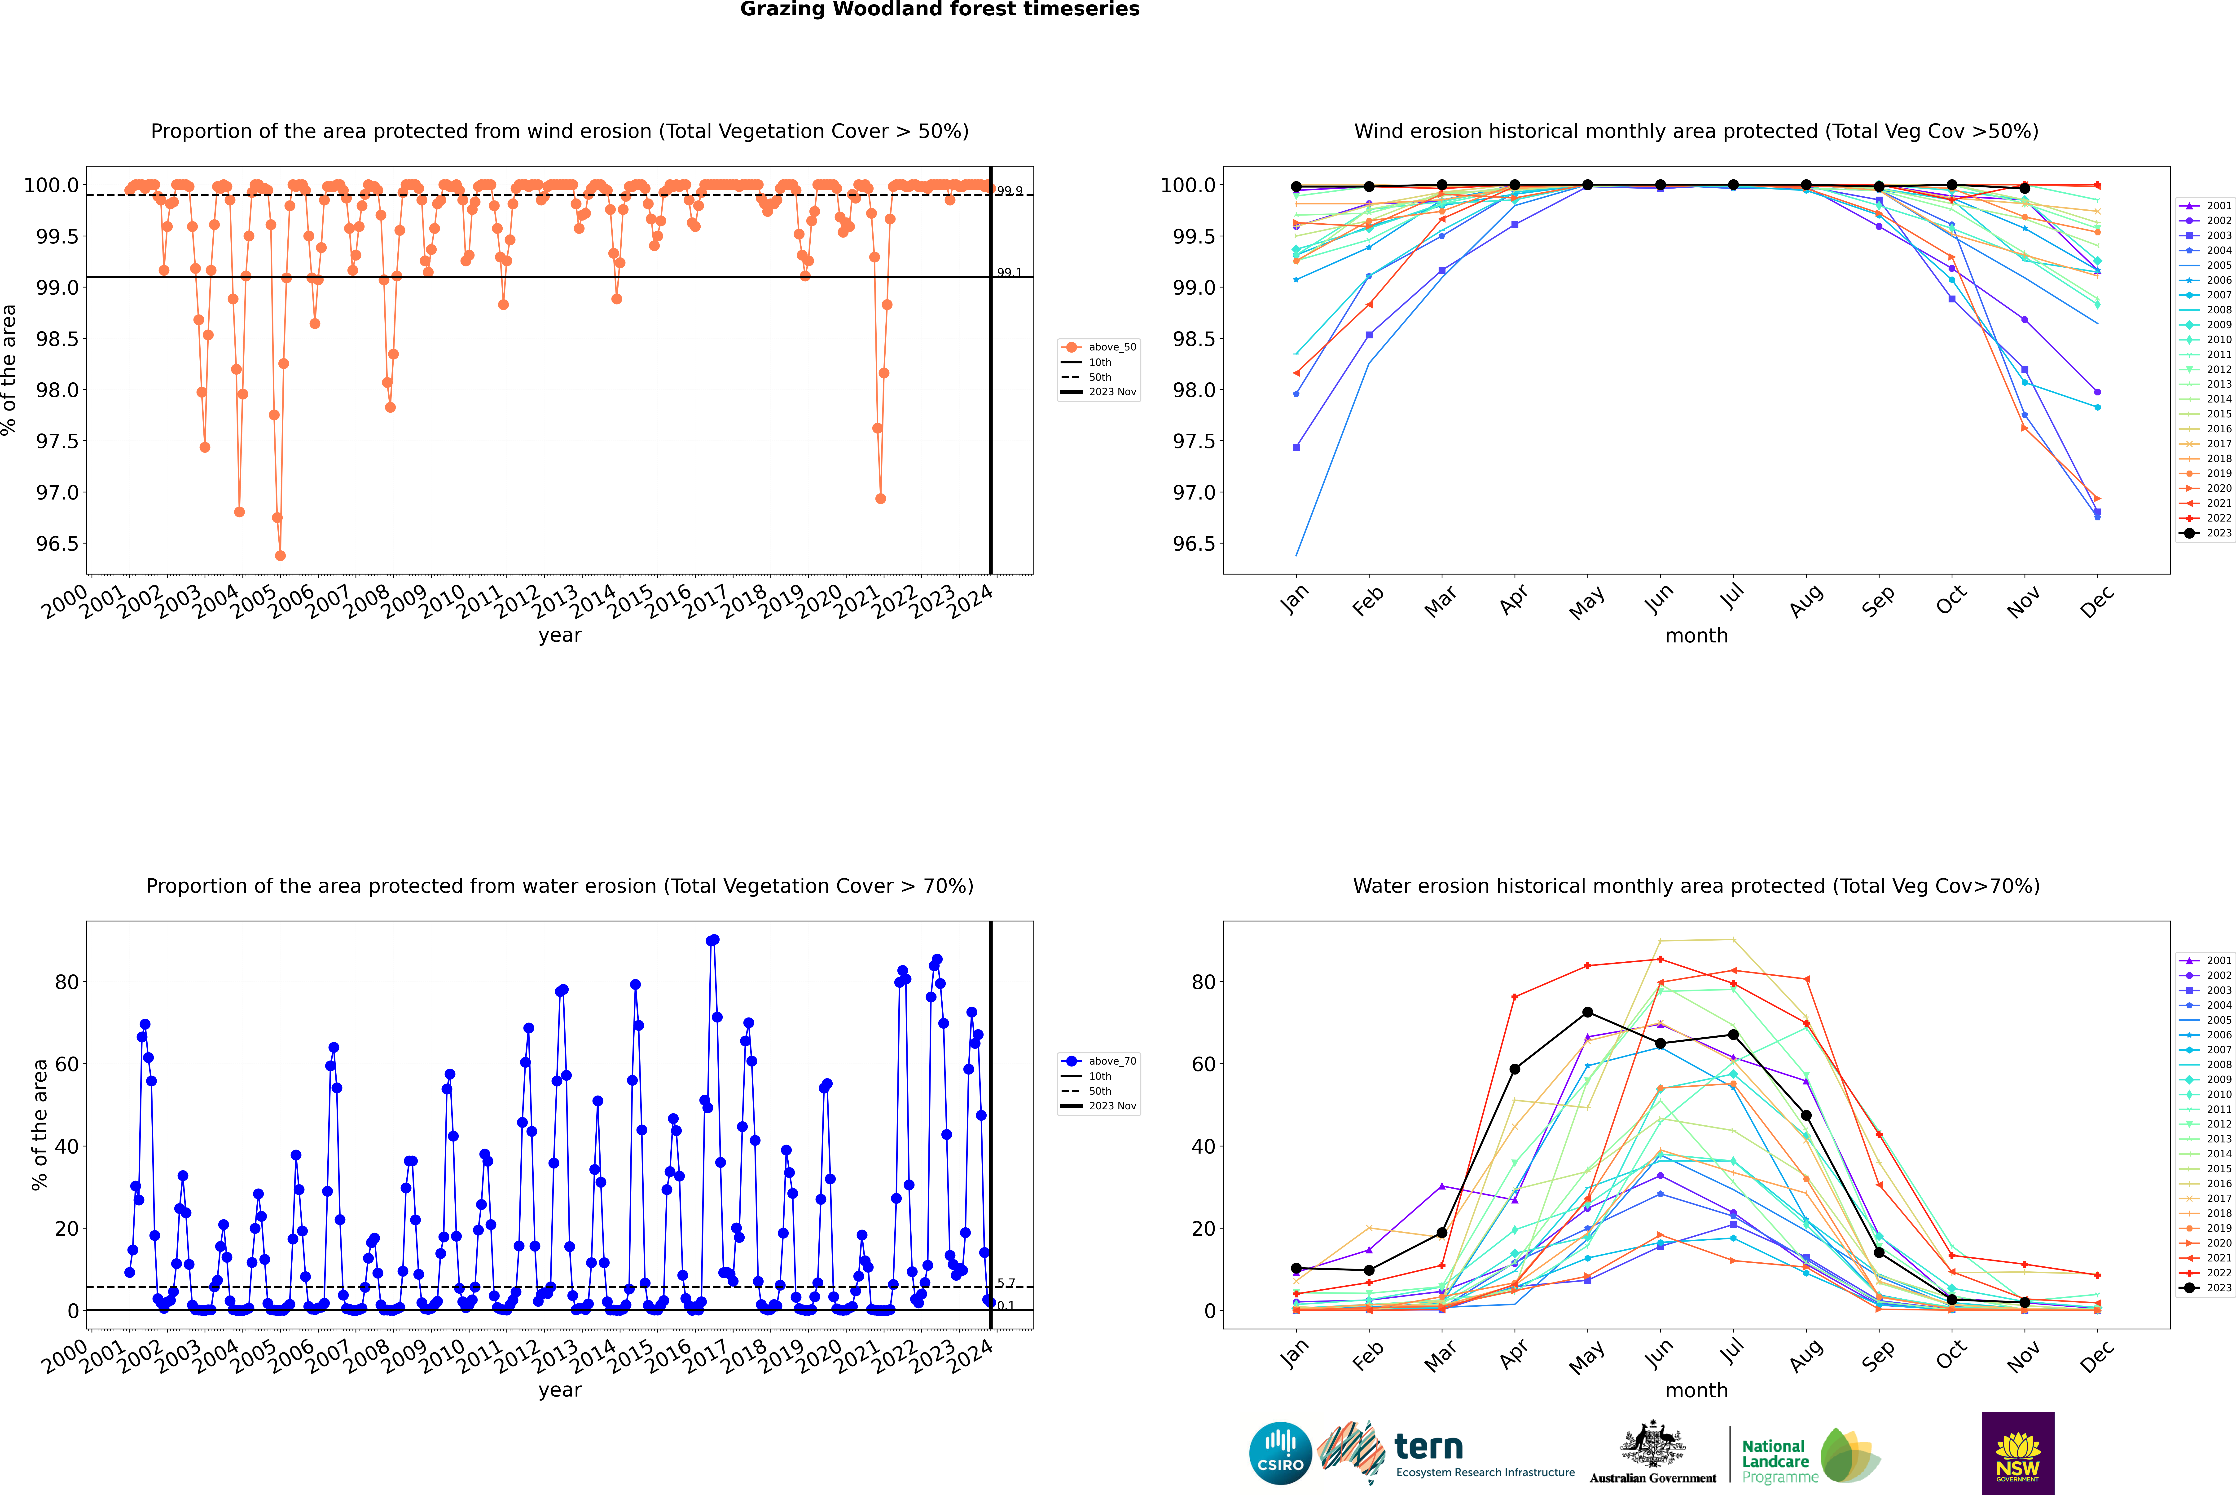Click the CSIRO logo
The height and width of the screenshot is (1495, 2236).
pyautogui.click(x=1280, y=1453)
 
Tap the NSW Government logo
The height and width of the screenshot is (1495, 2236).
pyautogui.click(x=2018, y=1453)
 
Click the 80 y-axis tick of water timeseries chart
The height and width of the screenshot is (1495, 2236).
pyautogui.click(x=67, y=982)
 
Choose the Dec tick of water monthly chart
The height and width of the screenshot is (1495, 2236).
pyautogui.click(x=2097, y=1356)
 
